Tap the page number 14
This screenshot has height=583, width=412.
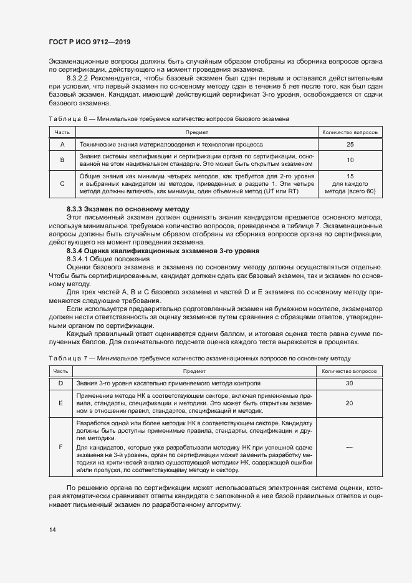click(52, 529)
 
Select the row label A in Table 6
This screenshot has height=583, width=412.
click(62, 144)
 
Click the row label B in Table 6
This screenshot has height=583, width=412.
click(62, 160)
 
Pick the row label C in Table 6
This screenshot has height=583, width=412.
click(62, 184)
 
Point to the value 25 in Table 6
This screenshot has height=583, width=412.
click(350, 144)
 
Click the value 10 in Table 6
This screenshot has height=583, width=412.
click(350, 160)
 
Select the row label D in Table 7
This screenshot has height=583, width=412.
click(61, 383)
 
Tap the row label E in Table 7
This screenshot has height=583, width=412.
click(61, 403)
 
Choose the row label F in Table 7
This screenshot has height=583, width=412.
click(61, 446)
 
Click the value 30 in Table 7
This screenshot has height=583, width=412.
click(350, 383)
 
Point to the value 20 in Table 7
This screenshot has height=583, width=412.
click(350, 403)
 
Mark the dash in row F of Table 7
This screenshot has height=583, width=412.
click(350, 446)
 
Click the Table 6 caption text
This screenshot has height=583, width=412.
click(168, 118)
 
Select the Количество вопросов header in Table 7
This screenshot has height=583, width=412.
click(350, 371)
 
